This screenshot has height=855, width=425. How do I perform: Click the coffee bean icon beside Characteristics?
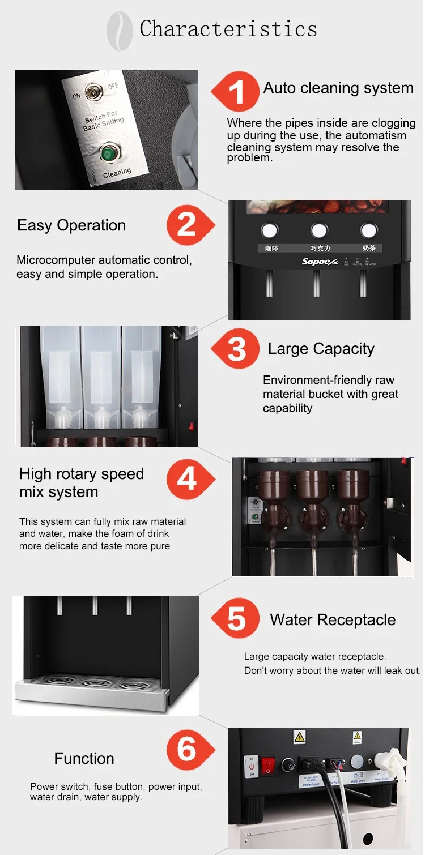coord(120,32)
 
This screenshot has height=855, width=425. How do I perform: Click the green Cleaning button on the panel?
coord(108,153)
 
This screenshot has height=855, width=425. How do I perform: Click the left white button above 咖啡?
coord(270,230)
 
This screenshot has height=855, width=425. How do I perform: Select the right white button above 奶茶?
coord(369,230)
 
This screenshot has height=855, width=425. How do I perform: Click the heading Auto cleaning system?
coord(338,88)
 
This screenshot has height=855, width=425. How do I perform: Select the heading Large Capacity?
coord(321,349)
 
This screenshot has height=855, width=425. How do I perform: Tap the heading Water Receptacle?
coord(333,619)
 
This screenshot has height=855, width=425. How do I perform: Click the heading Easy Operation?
coord(71,225)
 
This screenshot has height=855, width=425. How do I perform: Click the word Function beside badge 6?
coord(84,758)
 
